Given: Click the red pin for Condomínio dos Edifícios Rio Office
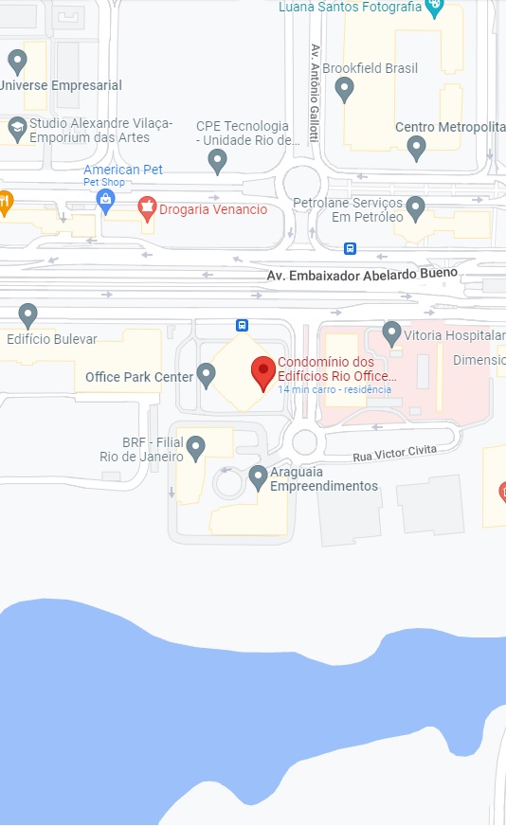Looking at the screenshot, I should tap(263, 372).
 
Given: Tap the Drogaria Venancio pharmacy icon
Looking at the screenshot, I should tap(147, 207).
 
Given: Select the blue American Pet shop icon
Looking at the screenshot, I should tap(106, 198).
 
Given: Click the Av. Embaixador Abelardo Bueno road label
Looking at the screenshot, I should tap(362, 274).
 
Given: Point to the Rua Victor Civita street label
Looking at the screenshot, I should tap(395, 454).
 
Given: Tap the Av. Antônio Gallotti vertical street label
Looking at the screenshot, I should tap(314, 92).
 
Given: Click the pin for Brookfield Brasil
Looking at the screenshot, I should tap(345, 89).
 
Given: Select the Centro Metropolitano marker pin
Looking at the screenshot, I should tap(416, 147).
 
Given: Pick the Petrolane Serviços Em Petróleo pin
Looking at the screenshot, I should tap(415, 208).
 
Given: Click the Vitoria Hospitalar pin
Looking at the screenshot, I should tap(391, 332).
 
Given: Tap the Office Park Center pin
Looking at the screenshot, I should tap(206, 375).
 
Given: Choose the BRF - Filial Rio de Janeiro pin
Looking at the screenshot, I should tap(195, 447).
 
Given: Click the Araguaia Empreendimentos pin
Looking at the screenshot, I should tap(258, 477).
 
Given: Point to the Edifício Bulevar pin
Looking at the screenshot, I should tap(28, 315).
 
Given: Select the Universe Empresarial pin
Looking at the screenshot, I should tap(17, 63).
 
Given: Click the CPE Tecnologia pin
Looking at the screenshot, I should tap(218, 161).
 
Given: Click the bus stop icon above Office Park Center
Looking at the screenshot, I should tap(243, 325).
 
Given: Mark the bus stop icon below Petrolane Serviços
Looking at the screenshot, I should tap(351, 248).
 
